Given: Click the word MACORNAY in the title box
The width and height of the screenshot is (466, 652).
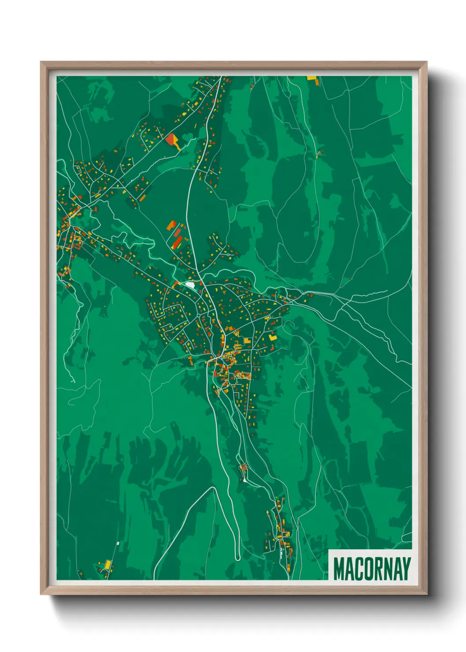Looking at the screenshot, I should [x=372, y=569].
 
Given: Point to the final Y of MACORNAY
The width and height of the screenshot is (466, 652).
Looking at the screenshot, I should [x=406, y=569].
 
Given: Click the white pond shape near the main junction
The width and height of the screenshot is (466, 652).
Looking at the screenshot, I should [x=190, y=285].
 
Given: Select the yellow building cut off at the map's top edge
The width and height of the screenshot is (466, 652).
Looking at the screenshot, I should [x=311, y=78].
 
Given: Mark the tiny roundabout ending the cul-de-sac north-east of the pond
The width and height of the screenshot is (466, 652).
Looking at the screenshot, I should [x=228, y=254].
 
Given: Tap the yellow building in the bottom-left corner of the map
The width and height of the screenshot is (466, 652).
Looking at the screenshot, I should [x=107, y=564].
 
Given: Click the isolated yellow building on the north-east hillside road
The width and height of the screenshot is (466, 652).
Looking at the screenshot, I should [x=319, y=154].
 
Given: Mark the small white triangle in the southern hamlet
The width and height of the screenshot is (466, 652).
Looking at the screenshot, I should [x=244, y=480].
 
